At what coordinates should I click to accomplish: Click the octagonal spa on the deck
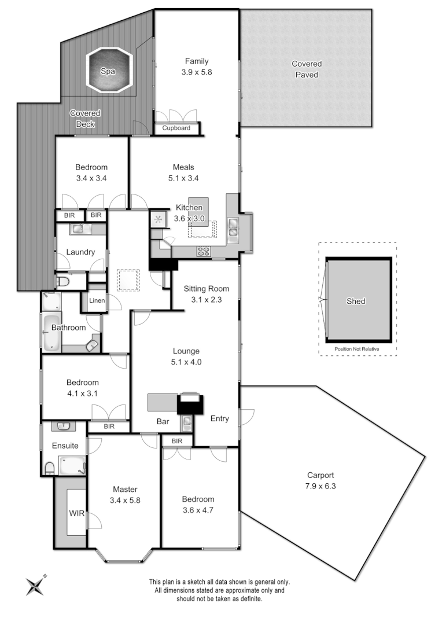pos(110,71)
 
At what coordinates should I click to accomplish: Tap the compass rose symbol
pos(35,585)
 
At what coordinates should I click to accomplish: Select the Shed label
pos(355,301)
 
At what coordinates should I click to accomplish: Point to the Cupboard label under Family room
pos(176,128)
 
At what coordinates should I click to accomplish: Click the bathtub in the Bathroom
pos(51,333)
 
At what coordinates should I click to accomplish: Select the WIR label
pos(76,513)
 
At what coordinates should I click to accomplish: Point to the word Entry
pos(219,418)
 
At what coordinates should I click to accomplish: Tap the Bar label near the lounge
pos(163,422)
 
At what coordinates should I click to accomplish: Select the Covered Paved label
pos(306,69)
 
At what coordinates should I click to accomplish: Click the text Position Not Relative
pos(357,349)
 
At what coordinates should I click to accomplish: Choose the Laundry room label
pos(80,252)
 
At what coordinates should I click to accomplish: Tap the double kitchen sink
pos(233,230)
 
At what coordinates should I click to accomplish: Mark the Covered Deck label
pos(85,119)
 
